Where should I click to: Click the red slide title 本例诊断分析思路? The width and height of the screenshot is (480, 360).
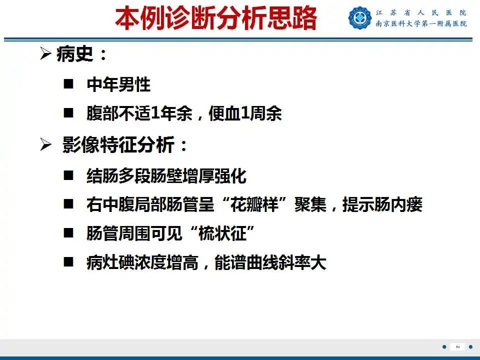(x=216, y=18)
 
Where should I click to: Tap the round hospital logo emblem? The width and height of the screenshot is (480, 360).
(x=360, y=18)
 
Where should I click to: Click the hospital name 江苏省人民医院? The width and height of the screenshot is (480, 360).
(x=421, y=12)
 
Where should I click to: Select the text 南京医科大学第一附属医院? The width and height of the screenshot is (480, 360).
(x=421, y=24)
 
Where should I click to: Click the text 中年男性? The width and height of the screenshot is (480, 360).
(x=118, y=84)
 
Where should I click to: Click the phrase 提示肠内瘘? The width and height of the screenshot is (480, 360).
(x=382, y=204)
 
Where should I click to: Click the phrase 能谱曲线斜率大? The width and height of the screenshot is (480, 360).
(x=270, y=263)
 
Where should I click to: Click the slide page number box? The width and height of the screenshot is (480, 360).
(x=457, y=347)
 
